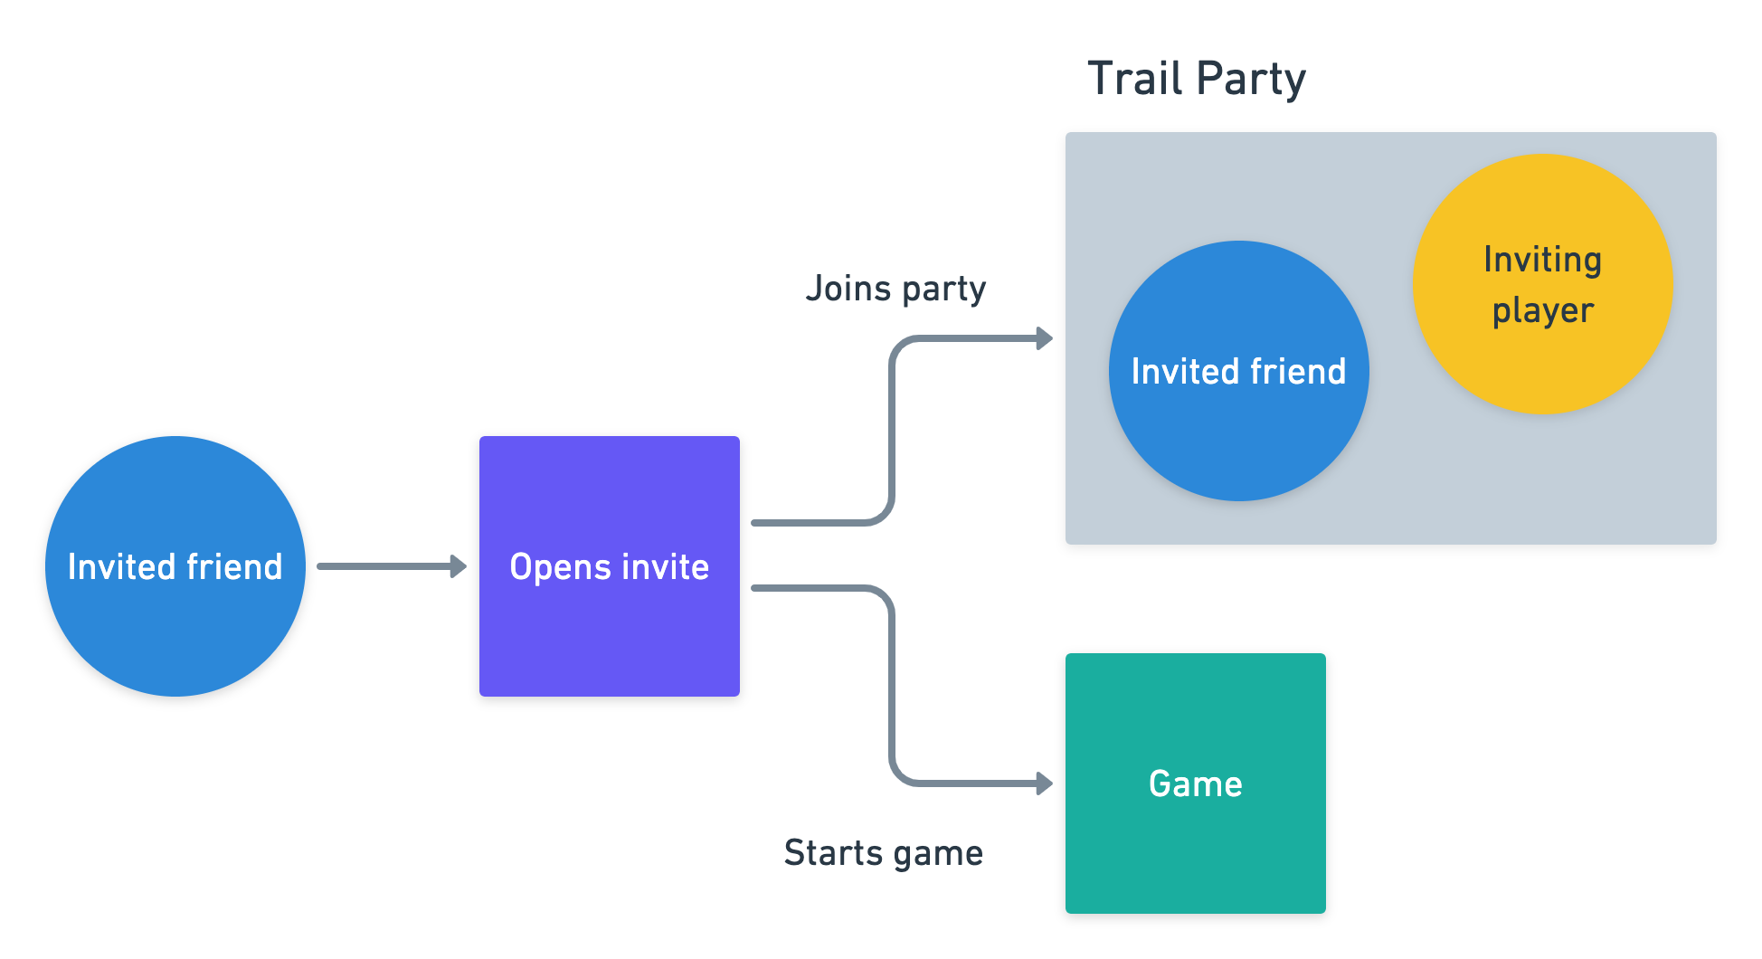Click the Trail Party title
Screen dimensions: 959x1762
coord(1196,79)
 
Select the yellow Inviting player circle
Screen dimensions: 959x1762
coord(1542,283)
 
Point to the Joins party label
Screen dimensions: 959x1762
coord(895,289)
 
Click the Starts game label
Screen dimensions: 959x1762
coord(883,853)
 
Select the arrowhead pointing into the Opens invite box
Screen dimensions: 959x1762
coord(459,566)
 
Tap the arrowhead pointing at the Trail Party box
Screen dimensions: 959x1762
coord(1045,338)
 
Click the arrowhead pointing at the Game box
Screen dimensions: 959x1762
coord(1045,783)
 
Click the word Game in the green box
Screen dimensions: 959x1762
coord(1195,783)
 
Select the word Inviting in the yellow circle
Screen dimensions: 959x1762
coord(1542,260)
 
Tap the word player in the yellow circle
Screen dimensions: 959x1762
coord(1542,311)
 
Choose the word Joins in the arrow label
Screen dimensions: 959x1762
coord(848,289)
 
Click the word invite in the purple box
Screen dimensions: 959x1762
coord(665,567)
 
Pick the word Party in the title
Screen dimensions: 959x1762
coord(1253,80)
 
